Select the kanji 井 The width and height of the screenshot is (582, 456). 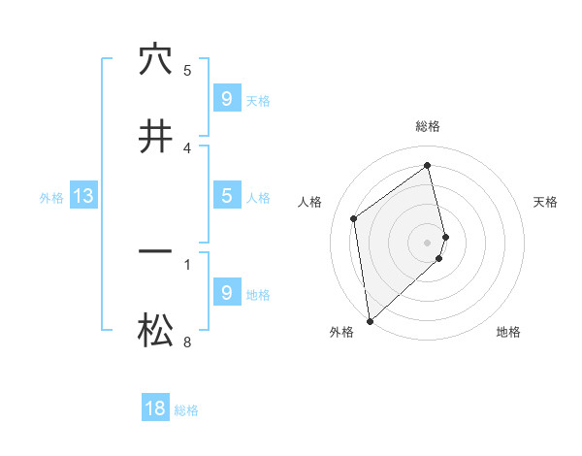pyautogui.click(x=155, y=137)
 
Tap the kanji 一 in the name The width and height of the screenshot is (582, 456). pyautogui.click(x=155, y=252)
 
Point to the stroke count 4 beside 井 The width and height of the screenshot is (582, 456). pyautogui.click(x=187, y=147)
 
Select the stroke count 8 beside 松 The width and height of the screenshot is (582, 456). pyautogui.click(x=187, y=342)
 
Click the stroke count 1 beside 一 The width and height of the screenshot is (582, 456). pyautogui.click(x=187, y=263)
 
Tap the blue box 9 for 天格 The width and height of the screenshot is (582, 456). pyautogui.click(x=226, y=98)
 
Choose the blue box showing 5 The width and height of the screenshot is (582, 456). pyautogui.click(x=226, y=195)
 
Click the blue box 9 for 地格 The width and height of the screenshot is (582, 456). pyautogui.click(x=226, y=292)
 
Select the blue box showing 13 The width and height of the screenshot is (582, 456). pyautogui.click(x=83, y=196)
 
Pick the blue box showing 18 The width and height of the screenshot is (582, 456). pyautogui.click(x=155, y=408)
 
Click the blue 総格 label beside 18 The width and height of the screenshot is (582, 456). pyautogui.click(x=186, y=410)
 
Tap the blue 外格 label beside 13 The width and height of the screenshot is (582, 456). pyautogui.click(x=51, y=198)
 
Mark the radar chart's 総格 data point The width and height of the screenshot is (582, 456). pyautogui.click(x=428, y=166)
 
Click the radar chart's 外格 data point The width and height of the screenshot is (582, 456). pyautogui.click(x=369, y=319)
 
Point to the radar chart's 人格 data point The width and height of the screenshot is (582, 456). pyautogui.click(x=354, y=218)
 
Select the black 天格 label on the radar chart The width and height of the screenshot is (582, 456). pyautogui.click(x=545, y=202)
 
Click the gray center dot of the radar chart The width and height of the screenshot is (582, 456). pyautogui.click(x=428, y=242)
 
